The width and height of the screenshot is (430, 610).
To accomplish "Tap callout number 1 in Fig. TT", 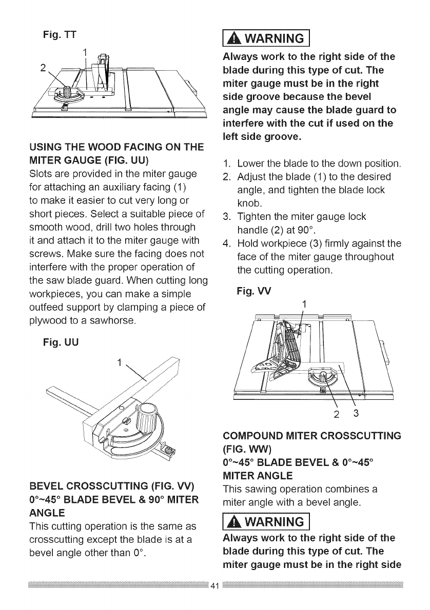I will [x=86, y=52].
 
